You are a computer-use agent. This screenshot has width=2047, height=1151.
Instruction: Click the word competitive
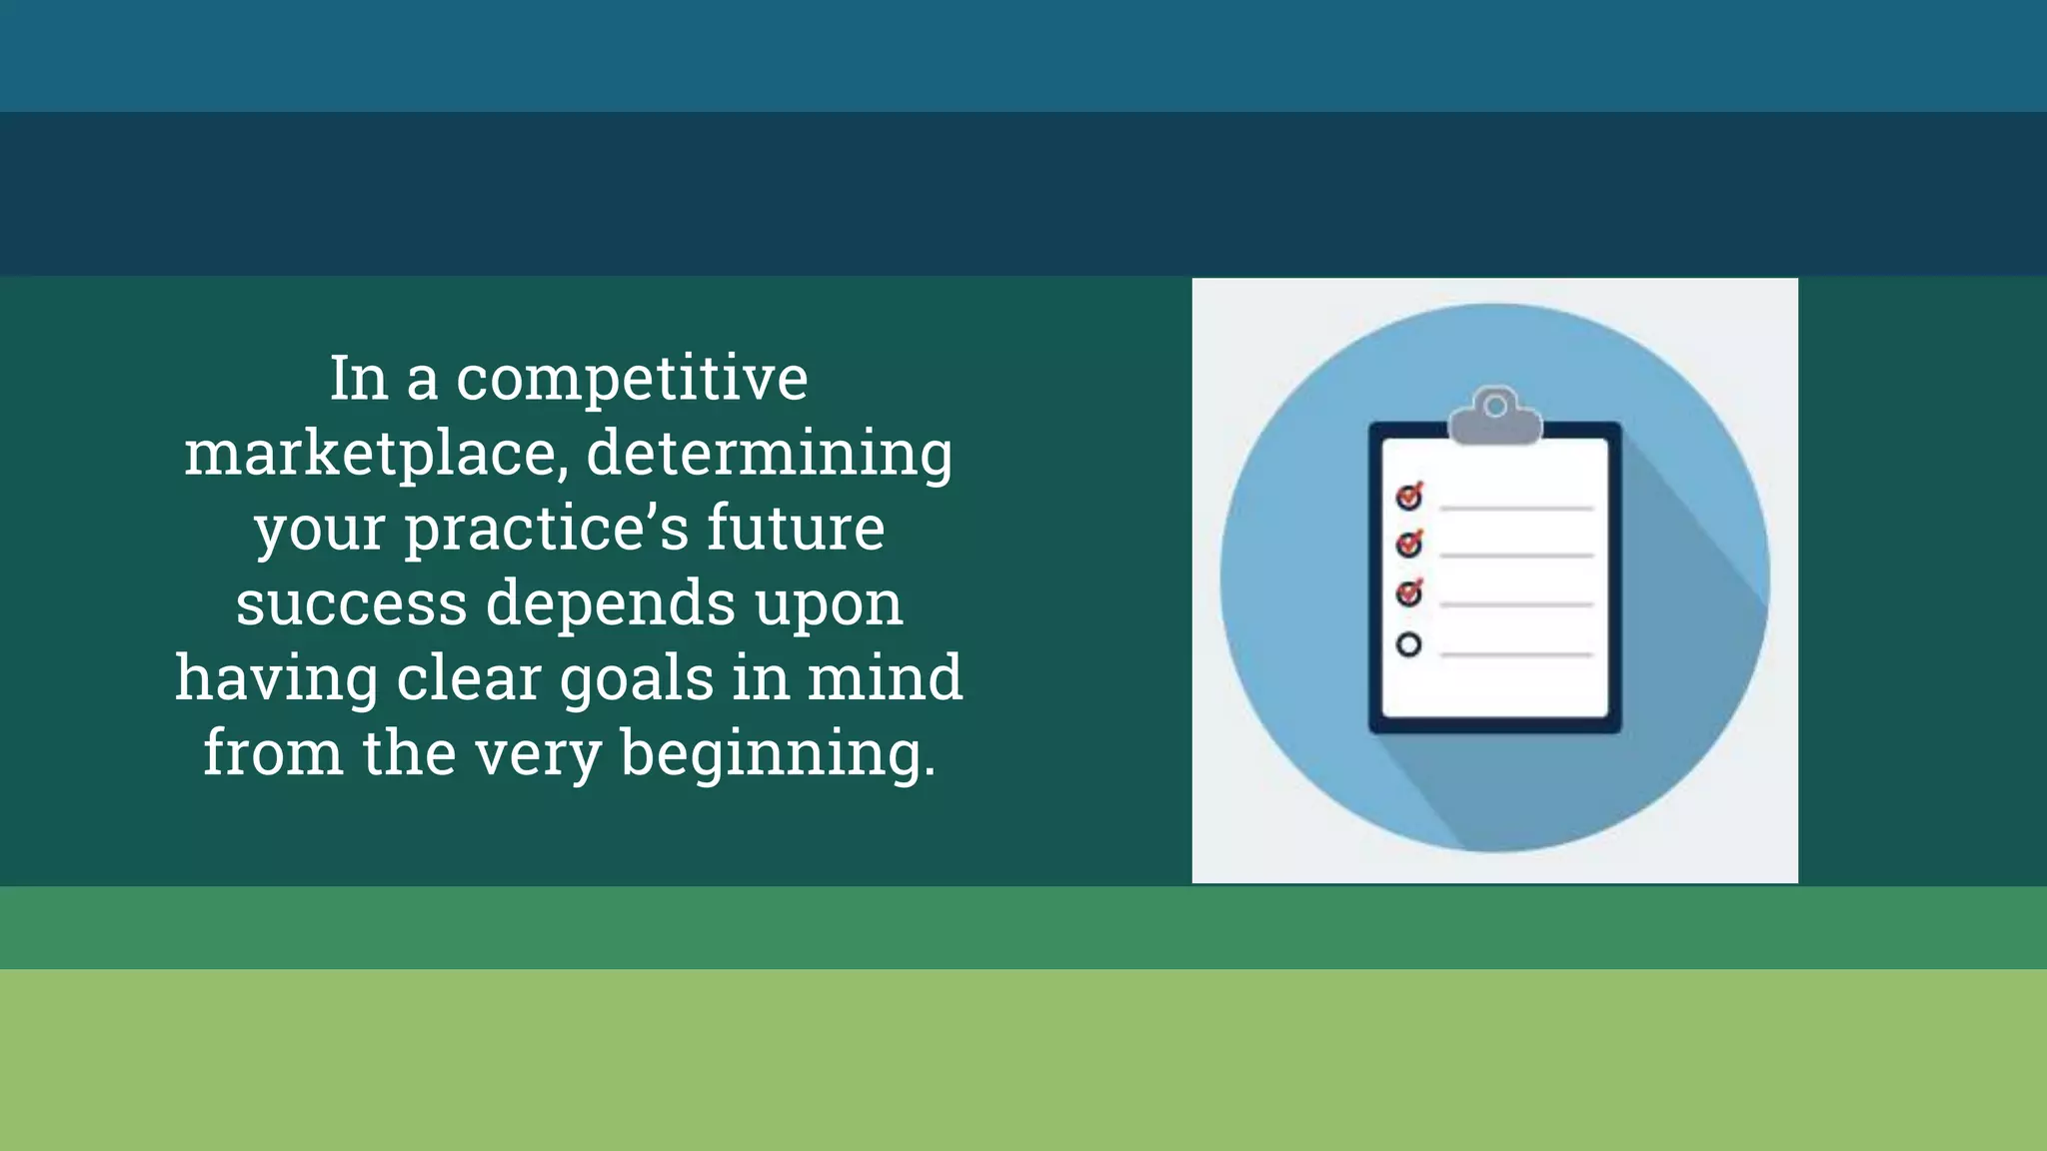point(632,380)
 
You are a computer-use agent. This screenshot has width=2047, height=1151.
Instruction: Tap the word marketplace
point(370,455)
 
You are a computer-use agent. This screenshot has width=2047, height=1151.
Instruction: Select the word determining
point(769,455)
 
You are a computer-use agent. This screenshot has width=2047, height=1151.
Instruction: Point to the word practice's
point(545,529)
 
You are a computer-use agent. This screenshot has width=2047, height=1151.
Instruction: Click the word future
point(796,529)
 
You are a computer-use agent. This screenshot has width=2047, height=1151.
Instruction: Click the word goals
point(637,679)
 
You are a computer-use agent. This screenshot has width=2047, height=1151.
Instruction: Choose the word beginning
point(778,754)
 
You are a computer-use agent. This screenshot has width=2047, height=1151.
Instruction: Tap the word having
point(277,679)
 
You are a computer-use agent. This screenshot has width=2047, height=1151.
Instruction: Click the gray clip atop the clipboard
point(1495,416)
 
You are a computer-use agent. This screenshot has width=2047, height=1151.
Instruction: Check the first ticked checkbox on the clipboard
point(1409,496)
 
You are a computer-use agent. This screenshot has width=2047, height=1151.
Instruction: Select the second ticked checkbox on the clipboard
point(1409,544)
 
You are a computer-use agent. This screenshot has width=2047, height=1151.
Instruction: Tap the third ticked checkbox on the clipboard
point(1409,593)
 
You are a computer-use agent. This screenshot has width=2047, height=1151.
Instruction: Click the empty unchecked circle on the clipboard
point(1409,645)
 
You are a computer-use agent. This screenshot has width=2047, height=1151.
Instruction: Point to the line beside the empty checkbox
point(1516,654)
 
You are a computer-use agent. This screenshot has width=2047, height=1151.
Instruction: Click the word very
point(538,754)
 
